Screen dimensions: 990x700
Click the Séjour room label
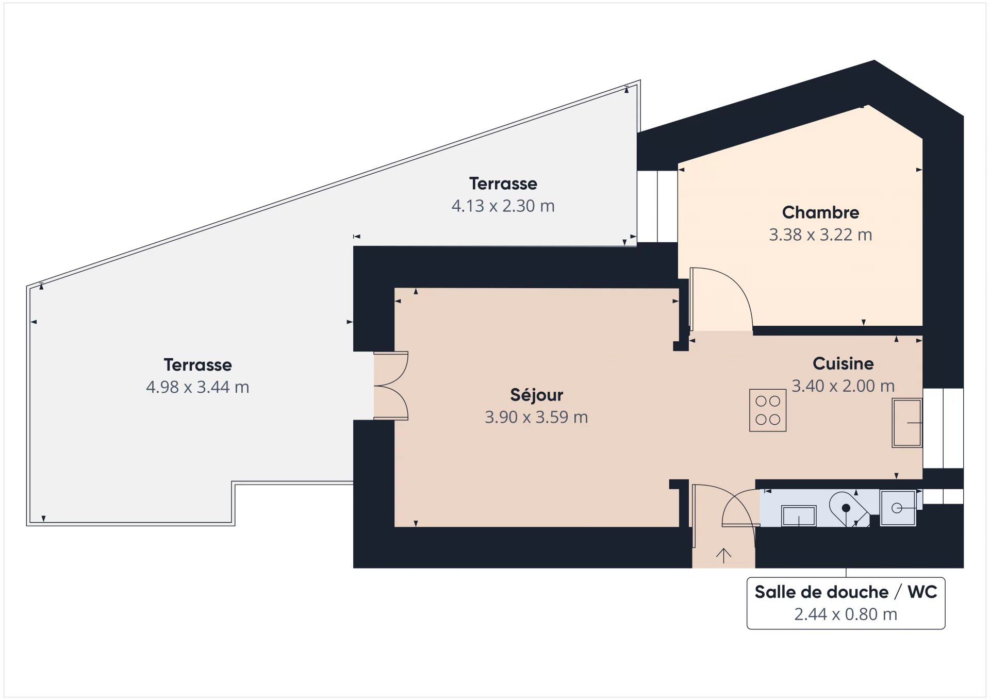click(x=536, y=395)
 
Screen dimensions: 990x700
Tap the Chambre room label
click(x=820, y=212)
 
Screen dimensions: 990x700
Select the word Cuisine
click(x=843, y=363)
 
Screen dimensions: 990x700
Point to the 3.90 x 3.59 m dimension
click(x=536, y=417)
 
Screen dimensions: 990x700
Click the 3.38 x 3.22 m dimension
click(x=820, y=235)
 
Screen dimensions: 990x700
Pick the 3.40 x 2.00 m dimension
click(x=843, y=386)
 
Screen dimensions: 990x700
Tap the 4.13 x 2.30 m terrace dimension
click(x=503, y=206)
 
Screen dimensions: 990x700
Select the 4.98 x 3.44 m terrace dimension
click(x=197, y=387)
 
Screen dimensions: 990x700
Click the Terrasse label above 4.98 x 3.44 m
click(x=197, y=364)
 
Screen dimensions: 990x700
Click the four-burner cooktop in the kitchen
click(x=768, y=410)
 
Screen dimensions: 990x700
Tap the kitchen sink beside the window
click(x=907, y=423)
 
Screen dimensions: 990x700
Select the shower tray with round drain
click(x=898, y=508)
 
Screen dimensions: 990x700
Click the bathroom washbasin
click(x=799, y=516)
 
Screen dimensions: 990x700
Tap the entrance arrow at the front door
click(x=723, y=555)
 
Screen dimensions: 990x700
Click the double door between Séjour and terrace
click(x=391, y=386)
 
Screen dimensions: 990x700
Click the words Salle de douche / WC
click(x=846, y=592)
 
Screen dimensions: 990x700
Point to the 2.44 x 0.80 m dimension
click(x=846, y=614)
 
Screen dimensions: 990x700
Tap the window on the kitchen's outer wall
click(x=943, y=428)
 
